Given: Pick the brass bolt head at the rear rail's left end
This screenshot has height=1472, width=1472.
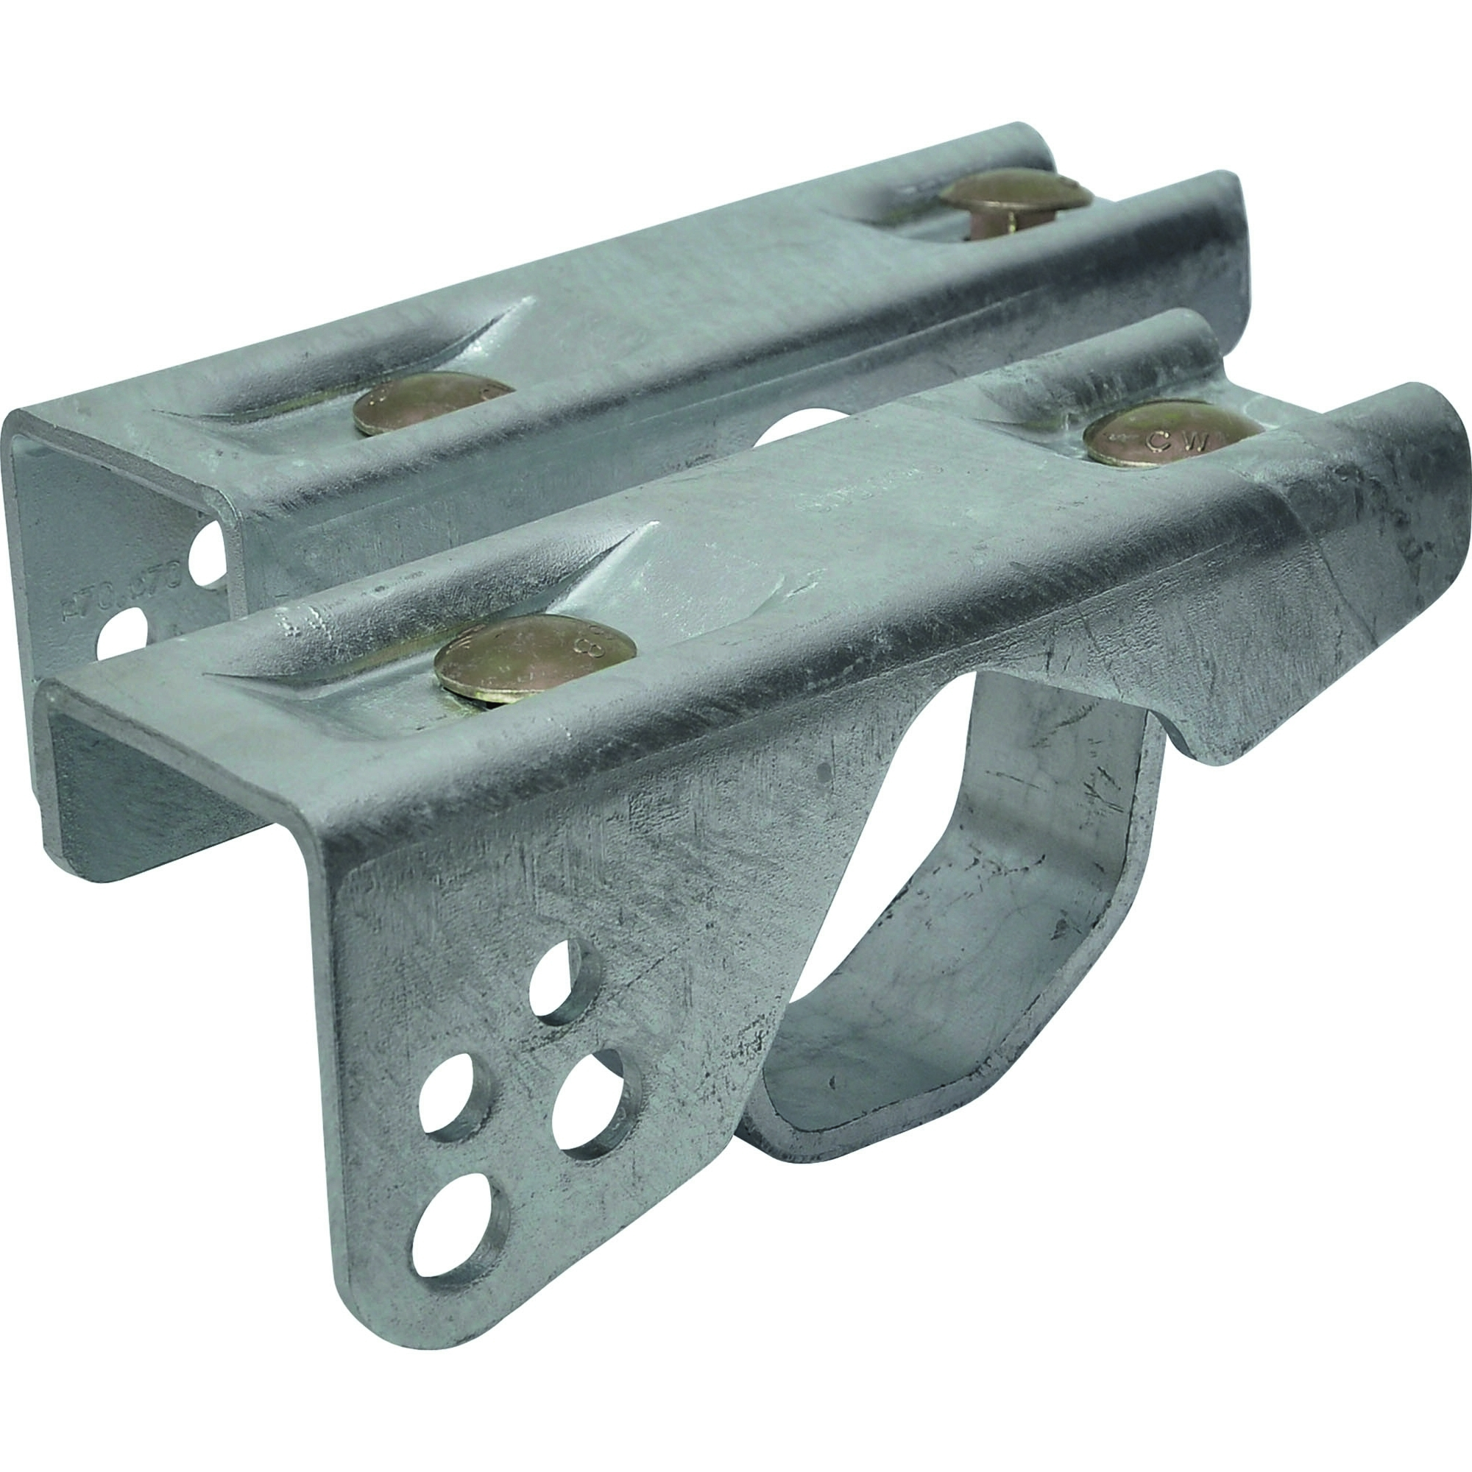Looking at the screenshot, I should tap(432, 403).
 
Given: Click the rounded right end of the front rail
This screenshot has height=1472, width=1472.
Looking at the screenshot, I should tap(1440, 427).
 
